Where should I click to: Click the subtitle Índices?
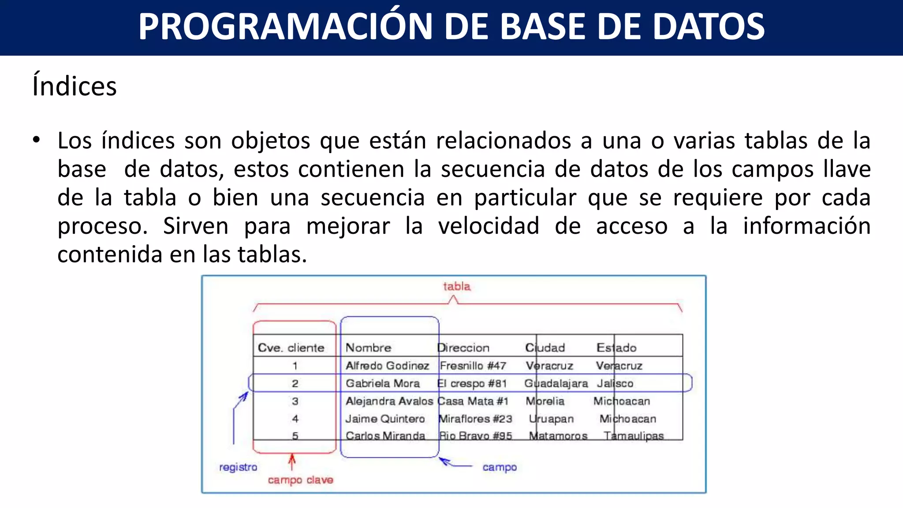coord(75,86)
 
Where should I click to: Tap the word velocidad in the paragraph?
coord(489,226)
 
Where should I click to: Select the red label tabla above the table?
coord(457,287)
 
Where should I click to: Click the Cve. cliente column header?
coord(291,347)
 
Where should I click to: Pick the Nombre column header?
coord(368,347)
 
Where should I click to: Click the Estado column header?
coord(616,347)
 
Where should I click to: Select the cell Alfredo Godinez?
coord(387,366)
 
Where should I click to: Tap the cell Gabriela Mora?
coord(383,383)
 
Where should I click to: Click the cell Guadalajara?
coord(556,383)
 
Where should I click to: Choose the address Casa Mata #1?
coord(473,401)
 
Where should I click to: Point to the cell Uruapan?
coord(551,419)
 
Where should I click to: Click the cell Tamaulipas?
coord(634,436)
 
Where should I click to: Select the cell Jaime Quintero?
coord(385,419)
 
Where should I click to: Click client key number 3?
coord(295,401)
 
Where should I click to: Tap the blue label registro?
coord(238,467)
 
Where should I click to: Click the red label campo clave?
coord(300,480)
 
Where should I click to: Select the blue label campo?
coord(500,467)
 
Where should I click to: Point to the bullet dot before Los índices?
coord(36,140)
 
